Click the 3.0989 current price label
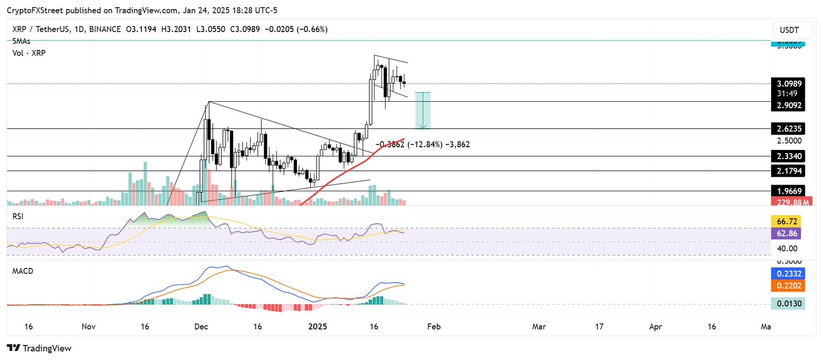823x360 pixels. point(790,84)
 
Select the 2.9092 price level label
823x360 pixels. point(790,106)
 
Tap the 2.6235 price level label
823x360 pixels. point(790,129)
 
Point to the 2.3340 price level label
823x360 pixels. point(790,156)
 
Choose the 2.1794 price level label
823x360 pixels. point(790,171)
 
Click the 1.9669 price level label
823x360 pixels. point(790,191)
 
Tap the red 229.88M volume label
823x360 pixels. point(790,201)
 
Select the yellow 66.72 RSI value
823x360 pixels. point(790,221)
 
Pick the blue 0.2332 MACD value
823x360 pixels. point(790,273)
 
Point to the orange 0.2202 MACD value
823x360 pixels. point(790,286)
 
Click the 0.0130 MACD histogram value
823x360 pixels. point(790,304)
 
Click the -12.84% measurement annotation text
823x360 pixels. point(423,145)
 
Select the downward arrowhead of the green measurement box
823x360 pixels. point(423,126)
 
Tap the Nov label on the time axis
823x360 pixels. point(89,326)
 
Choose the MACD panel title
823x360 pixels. point(23,271)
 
